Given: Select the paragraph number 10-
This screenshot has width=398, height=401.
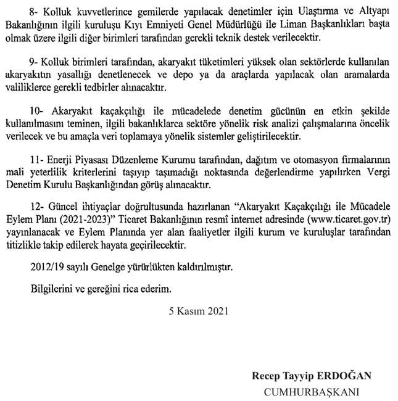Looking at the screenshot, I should [x=36, y=110].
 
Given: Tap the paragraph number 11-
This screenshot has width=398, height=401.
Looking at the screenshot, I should [x=36, y=160].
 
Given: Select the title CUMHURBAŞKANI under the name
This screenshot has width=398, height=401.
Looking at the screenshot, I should [x=312, y=391].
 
